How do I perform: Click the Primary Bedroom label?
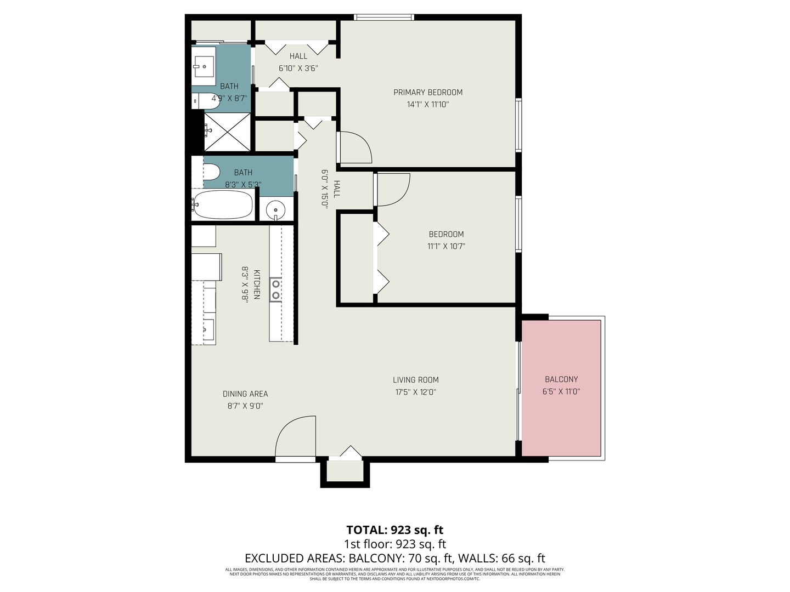click(x=428, y=92)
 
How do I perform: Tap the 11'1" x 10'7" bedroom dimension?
click(x=446, y=246)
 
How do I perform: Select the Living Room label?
click(x=415, y=379)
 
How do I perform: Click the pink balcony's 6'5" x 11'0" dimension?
click(x=561, y=391)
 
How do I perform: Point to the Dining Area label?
click(x=245, y=394)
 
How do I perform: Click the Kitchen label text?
click(x=256, y=284)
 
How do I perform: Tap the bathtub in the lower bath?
click(x=223, y=204)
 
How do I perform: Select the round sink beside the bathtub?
click(x=275, y=209)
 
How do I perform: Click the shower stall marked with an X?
click(x=227, y=132)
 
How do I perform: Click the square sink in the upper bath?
click(x=204, y=66)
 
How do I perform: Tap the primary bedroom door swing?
click(x=355, y=147)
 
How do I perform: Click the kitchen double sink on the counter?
click(x=275, y=289)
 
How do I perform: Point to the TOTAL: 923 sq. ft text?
click(x=394, y=530)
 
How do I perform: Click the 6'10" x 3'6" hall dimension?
click(x=298, y=69)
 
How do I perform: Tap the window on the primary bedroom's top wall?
click(x=384, y=18)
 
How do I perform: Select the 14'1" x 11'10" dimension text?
click(x=428, y=104)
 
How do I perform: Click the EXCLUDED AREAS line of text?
click(x=394, y=558)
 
